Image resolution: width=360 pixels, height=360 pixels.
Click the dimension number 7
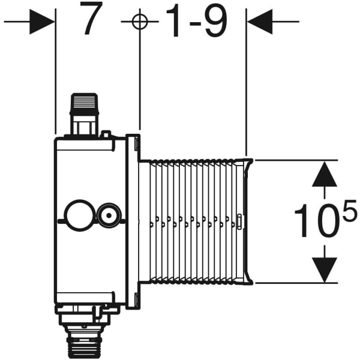90,22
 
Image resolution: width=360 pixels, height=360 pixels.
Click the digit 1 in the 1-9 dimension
174,22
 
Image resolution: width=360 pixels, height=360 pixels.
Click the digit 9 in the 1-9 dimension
214,22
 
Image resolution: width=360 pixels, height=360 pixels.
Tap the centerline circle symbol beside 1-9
139,22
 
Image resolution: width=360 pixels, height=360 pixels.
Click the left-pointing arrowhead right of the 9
259,22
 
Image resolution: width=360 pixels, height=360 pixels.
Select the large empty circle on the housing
78,214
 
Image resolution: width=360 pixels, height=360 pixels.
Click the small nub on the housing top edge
106,134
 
